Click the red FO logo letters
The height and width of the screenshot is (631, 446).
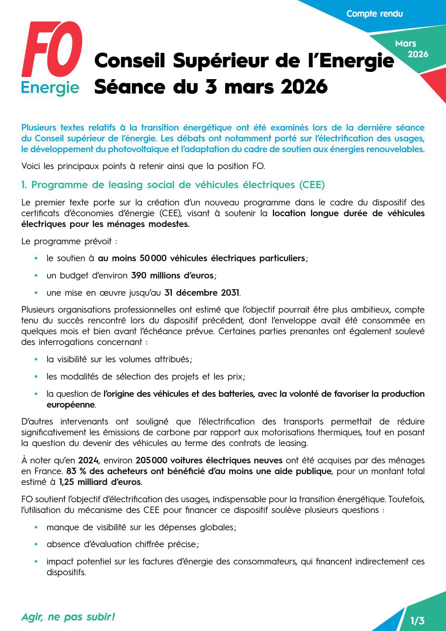coord(52,49)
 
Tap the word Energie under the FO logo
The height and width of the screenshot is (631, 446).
coord(50,87)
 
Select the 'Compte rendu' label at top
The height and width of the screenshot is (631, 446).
coord(374,14)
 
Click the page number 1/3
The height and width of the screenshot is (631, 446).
coord(417,621)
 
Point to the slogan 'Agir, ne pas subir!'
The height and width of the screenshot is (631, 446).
coord(68,617)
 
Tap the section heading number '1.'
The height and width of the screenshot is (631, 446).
coord(24,185)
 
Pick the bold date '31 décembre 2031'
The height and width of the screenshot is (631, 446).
coord(202,293)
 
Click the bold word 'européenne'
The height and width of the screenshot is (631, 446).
coord(70,405)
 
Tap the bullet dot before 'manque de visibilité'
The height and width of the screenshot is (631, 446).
coord(36,527)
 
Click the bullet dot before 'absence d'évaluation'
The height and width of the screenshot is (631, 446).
coord(36,545)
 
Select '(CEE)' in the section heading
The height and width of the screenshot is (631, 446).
coord(312,185)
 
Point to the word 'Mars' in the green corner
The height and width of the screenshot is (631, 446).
coord(405,44)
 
